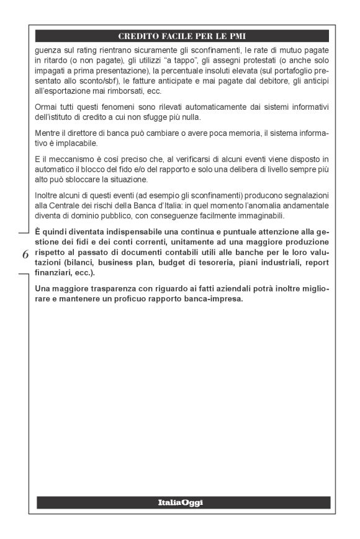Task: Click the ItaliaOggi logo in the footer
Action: point(183,502)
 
